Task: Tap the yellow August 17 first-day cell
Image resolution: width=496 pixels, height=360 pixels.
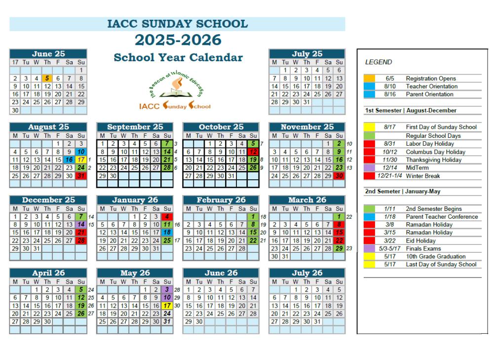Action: tap(81, 160)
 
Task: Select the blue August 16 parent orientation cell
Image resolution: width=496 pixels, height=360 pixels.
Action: tap(70, 160)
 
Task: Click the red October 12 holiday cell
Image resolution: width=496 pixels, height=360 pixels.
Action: tap(254, 152)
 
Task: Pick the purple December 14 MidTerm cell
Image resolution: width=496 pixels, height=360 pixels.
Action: tap(81, 225)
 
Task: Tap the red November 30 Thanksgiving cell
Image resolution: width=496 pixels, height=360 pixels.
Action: tap(339, 175)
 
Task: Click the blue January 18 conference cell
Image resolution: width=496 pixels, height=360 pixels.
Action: tap(167, 233)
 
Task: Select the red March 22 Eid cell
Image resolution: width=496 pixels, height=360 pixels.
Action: tap(339, 240)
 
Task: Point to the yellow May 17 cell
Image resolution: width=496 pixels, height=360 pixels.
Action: tap(167, 306)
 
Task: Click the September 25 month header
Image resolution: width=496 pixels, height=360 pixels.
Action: tap(135, 127)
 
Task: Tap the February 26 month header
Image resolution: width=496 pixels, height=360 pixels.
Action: tap(221, 200)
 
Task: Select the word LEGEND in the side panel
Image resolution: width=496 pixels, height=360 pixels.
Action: tap(379, 62)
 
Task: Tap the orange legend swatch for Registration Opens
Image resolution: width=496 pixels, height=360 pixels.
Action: tap(370, 79)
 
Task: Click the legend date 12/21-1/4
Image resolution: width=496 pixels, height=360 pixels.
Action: tap(387, 176)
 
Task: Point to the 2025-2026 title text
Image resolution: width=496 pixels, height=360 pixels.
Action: tap(178, 40)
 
